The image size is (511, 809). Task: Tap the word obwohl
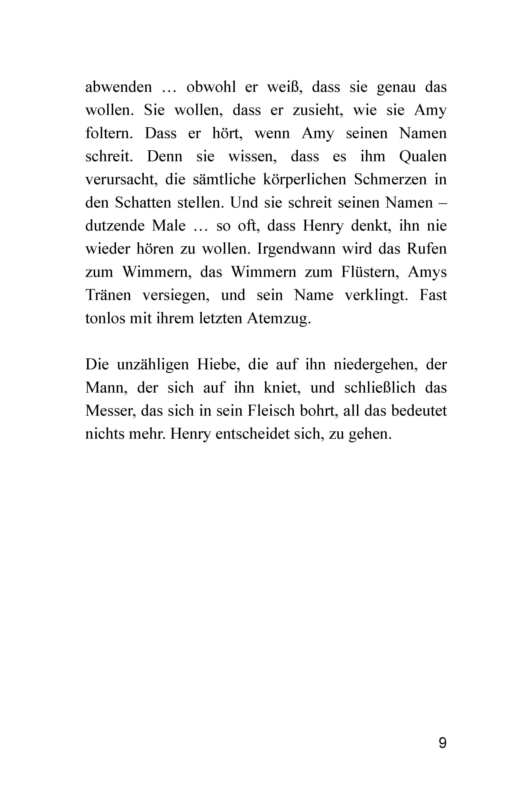tap(211, 87)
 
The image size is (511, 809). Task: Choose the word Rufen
tap(427, 249)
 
